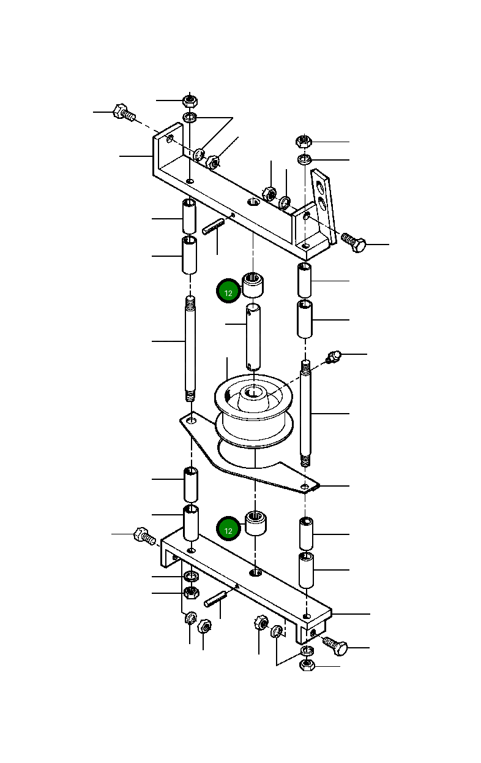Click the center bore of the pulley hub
[x=253, y=391]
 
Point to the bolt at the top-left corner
[x=123, y=113]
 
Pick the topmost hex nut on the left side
[x=190, y=100]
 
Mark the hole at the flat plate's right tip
[x=305, y=487]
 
